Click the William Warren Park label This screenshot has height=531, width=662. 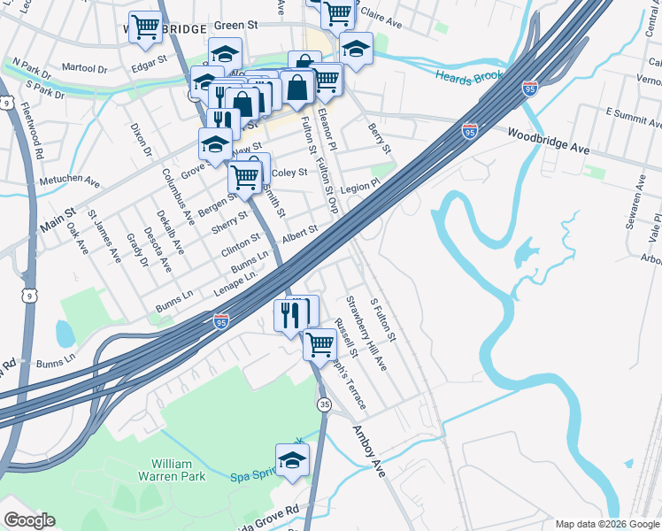pos(178,470)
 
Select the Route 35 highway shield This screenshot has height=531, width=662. pos(325,404)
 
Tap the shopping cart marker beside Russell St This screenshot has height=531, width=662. pos(319,344)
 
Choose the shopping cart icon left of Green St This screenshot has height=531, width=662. pos(145,27)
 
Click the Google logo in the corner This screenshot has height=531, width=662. pos(29,520)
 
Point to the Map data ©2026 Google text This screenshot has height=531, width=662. pos(606,524)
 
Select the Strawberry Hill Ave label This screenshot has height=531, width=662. pos(366,334)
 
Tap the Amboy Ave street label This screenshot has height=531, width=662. pos(370,451)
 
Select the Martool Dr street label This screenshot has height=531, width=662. pos(84,67)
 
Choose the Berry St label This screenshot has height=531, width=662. pos(380,136)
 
